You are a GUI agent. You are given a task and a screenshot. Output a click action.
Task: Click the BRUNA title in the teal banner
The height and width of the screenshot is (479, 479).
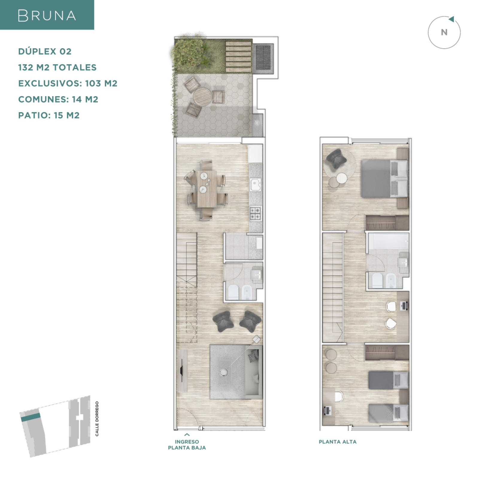tap(47, 16)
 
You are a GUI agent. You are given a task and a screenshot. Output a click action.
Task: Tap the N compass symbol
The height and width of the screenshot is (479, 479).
tap(444, 32)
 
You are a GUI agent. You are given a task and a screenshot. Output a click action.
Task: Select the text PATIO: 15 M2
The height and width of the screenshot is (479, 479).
tap(49, 115)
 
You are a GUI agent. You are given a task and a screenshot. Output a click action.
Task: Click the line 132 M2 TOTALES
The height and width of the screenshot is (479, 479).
tap(57, 67)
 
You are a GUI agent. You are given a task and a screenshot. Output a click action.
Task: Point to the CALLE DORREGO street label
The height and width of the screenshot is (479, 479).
tap(97, 419)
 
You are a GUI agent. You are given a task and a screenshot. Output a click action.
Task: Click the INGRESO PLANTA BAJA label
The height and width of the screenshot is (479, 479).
tap(187, 445)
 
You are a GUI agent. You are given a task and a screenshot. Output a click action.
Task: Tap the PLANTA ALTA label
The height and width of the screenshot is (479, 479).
tap(337, 442)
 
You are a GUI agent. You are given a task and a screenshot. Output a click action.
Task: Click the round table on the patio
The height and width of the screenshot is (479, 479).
tap(202, 96)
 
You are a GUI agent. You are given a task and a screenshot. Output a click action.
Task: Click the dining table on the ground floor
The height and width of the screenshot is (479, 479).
tap(207, 189)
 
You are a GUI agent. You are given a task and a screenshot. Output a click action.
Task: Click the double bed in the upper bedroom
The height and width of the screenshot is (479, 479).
tap(385, 178)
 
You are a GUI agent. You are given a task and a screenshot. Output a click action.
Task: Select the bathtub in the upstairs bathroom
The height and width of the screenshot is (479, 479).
tap(388, 241)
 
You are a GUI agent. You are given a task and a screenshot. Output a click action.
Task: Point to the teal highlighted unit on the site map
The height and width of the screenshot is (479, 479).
tap(30, 417)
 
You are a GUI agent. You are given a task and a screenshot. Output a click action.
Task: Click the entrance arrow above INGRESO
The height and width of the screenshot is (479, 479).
tap(187, 435)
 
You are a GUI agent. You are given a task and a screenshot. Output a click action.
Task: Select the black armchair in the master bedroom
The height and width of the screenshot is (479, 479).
tap(336, 158)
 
